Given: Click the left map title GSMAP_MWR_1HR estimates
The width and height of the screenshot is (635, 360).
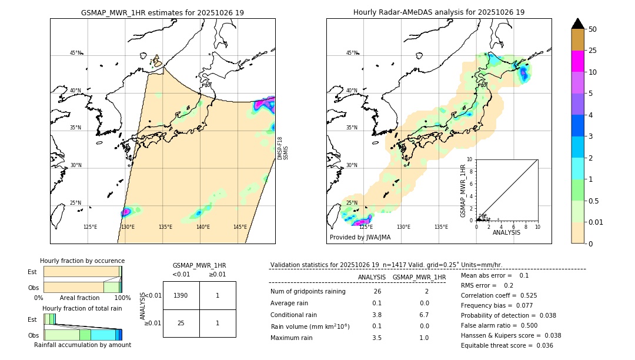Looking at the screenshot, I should pos(162,12).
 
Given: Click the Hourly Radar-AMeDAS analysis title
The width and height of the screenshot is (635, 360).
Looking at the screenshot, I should pos(439,12).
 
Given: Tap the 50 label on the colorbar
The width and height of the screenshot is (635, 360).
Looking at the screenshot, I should pos(593,29).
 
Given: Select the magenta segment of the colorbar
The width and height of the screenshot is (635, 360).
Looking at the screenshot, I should pos(577,61).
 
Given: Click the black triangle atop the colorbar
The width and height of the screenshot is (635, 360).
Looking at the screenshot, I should pos(577,24).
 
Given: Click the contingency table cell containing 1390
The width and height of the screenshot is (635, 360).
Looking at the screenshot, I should pos(181,295).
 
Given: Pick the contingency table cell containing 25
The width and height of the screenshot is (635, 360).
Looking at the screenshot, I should pos(181,323).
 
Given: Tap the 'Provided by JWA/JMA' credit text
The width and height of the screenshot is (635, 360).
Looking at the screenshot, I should pos(360,238).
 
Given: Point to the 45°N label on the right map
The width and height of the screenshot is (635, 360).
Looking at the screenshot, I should pos(352,53).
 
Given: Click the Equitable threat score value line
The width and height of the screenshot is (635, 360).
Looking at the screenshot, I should pos(507,345).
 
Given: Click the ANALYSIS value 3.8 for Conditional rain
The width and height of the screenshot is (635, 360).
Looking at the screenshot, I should pos(377,315).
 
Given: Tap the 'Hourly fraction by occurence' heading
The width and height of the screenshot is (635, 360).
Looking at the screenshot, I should pos(82,261).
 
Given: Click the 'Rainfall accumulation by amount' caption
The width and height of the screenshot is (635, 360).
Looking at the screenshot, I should pos(82,345).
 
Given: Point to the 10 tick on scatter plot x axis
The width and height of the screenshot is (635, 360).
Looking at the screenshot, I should pos(537,226).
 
